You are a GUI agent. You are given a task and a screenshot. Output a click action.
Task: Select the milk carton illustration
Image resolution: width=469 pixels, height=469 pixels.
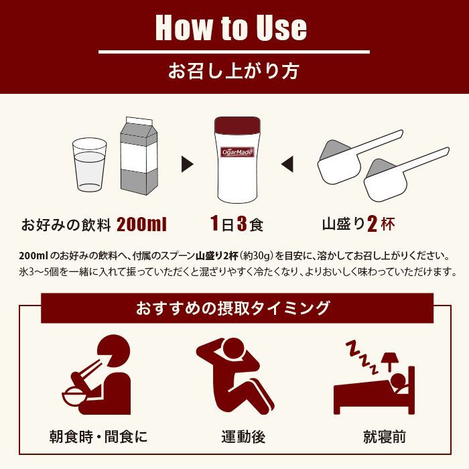pyautogui.click(x=139, y=156)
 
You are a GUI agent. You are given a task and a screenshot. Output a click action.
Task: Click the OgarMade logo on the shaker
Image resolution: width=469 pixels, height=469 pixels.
pyautogui.click(x=235, y=151)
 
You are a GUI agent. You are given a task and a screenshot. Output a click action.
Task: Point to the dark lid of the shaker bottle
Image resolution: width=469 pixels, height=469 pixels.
pyautogui.click(x=235, y=126)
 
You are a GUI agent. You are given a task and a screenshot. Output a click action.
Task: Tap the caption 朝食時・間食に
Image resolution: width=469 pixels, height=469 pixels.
pyautogui.click(x=98, y=438)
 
